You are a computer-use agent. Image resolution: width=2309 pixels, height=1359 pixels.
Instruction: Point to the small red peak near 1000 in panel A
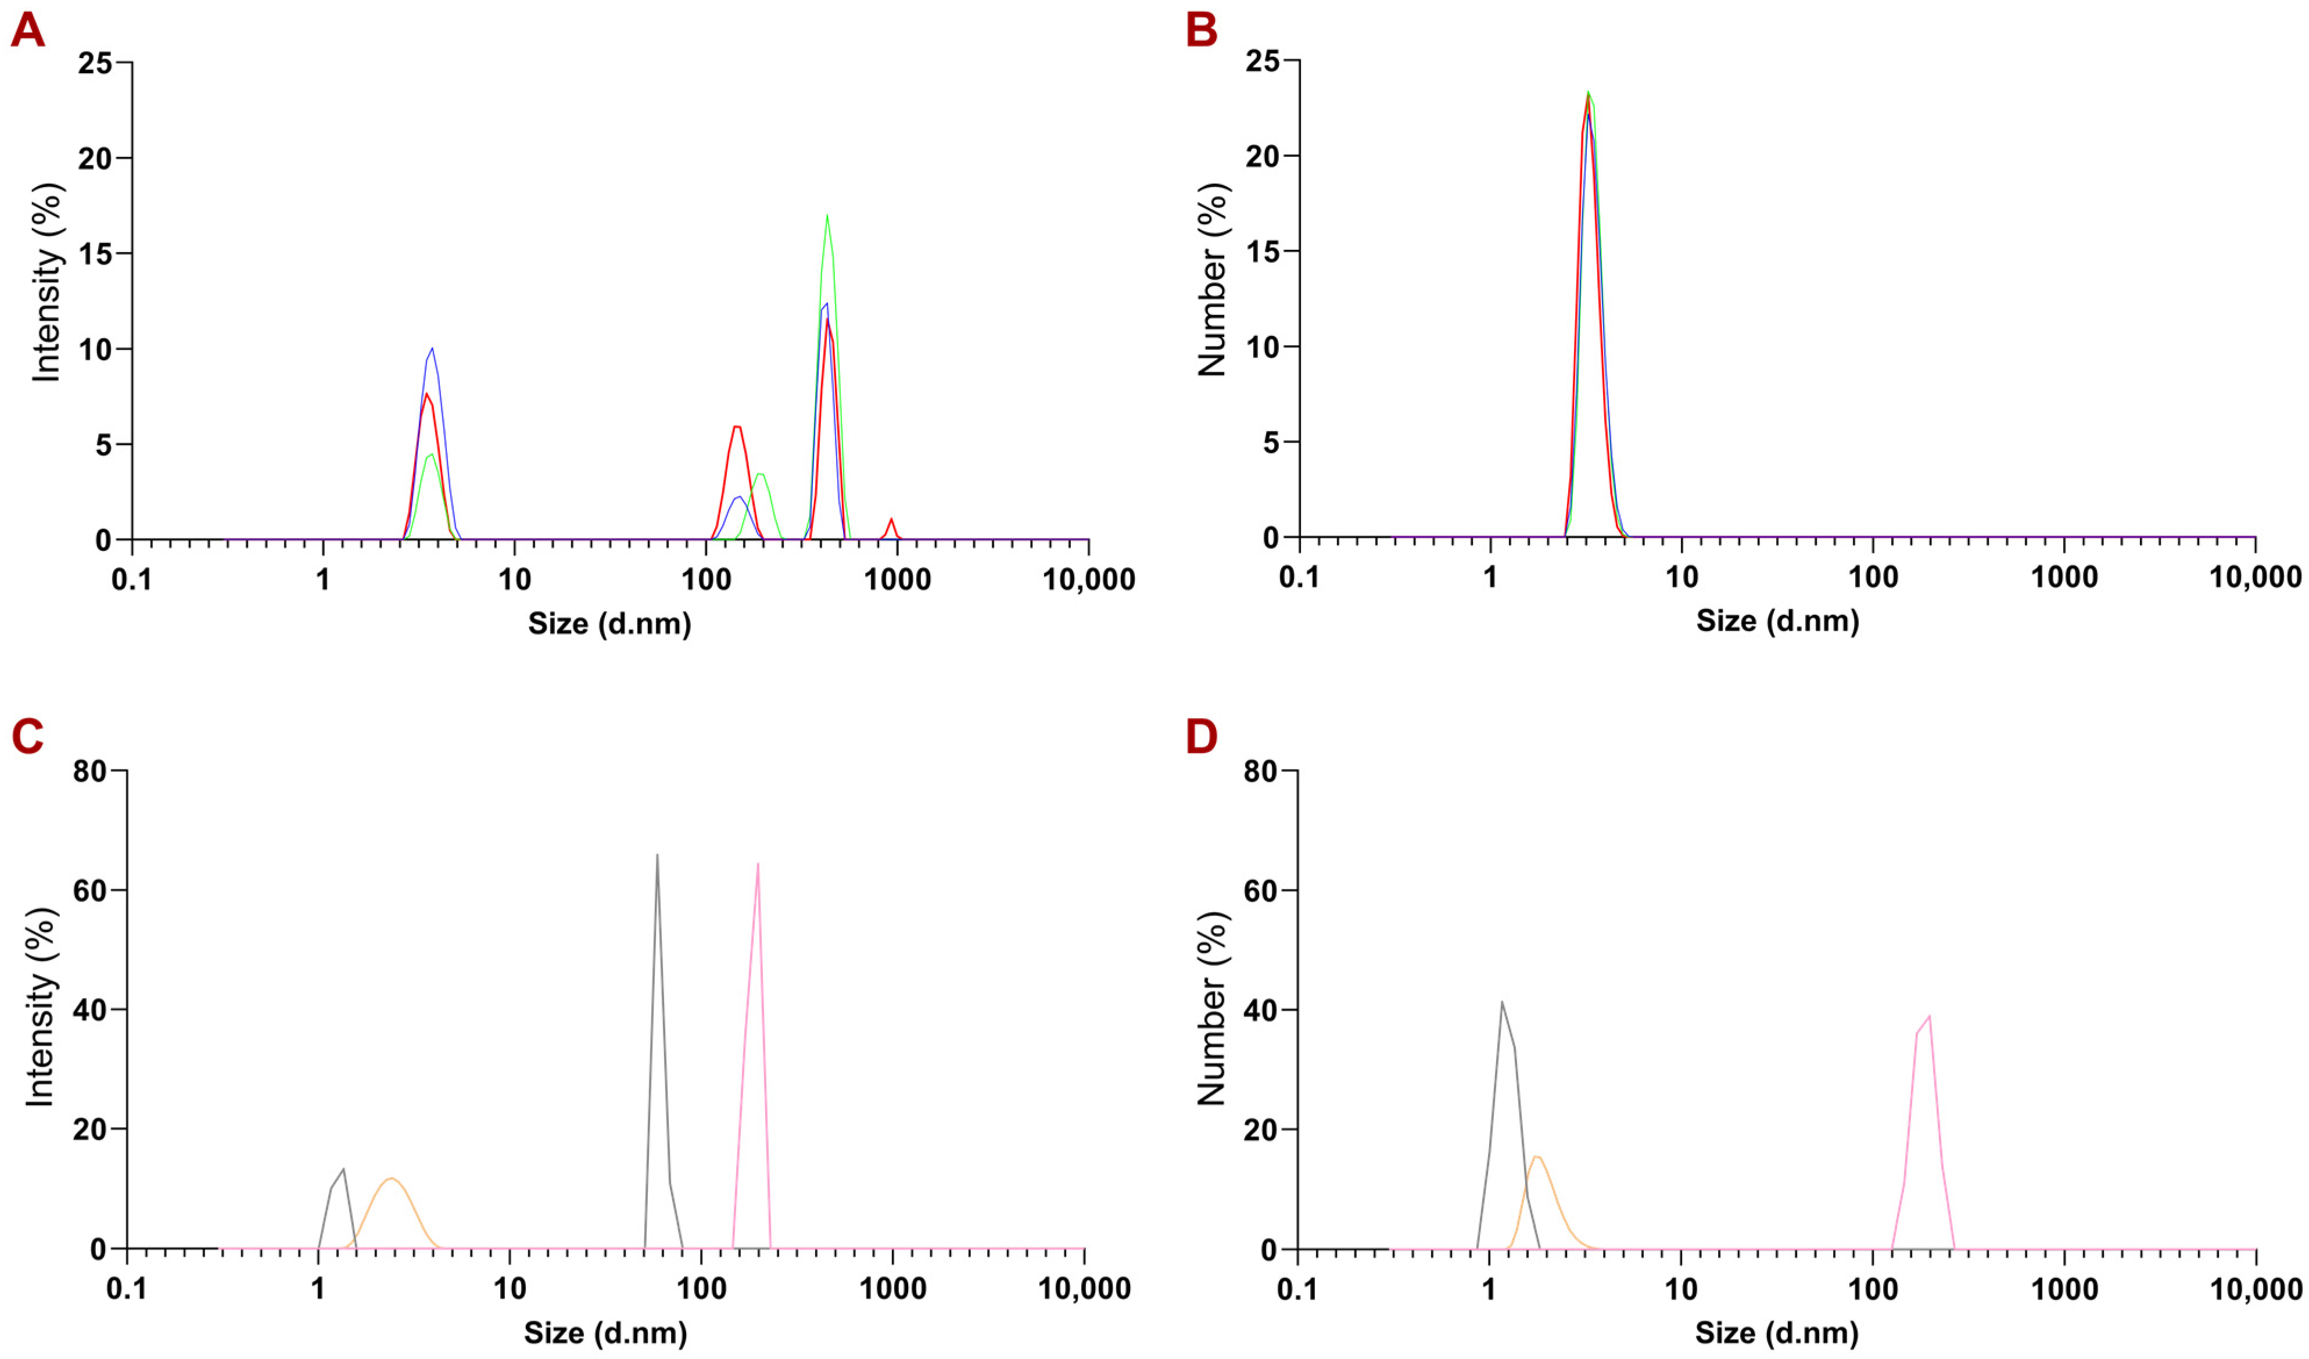(x=891, y=519)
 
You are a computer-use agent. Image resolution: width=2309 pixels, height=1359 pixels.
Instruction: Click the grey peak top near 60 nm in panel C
(x=657, y=855)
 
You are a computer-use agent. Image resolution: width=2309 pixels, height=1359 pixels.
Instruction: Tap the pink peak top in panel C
(x=758, y=864)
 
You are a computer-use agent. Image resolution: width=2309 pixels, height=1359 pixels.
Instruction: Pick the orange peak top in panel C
(x=391, y=1178)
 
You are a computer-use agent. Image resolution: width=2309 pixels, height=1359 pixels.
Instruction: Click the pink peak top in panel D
(x=1930, y=1016)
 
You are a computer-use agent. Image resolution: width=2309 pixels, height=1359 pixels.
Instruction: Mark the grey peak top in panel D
(x=1502, y=1002)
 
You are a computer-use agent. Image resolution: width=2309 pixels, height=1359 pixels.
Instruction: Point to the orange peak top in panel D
(x=1537, y=1156)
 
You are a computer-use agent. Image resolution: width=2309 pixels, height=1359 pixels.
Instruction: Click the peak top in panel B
(x=1588, y=92)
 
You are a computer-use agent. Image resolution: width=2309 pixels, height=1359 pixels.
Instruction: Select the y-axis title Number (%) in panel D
(x=1212, y=1008)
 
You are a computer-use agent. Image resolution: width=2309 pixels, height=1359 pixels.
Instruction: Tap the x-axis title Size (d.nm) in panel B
(x=1777, y=621)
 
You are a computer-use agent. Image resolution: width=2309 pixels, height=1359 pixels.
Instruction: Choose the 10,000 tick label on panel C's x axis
(x=1084, y=1289)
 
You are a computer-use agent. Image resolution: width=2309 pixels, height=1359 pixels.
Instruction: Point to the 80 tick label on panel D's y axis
(x=1261, y=772)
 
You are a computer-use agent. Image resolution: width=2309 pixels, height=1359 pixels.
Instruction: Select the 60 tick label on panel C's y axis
(x=90, y=891)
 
